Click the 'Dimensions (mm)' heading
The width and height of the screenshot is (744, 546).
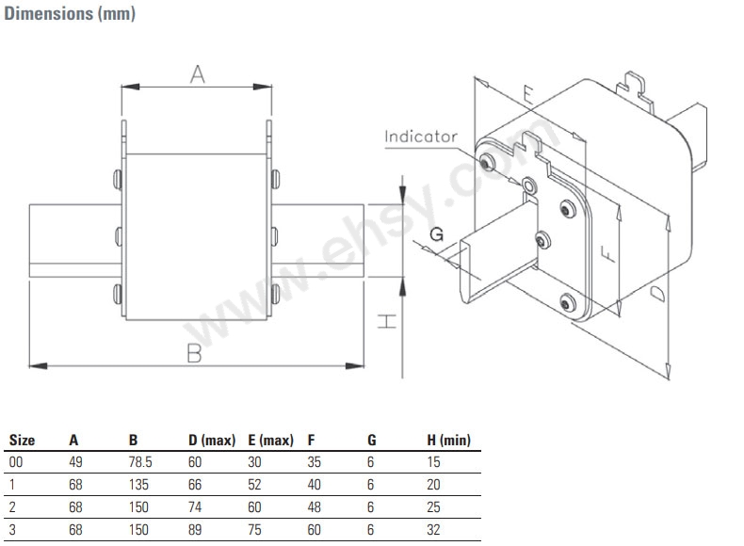tap(70, 13)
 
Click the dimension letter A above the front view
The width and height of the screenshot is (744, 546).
tap(198, 74)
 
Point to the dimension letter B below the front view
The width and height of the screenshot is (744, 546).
tap(195, 353)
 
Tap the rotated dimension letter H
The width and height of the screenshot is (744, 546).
tap(387, 321)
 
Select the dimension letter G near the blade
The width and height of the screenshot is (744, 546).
tap(437, 233)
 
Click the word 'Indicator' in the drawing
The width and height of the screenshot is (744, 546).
tap(421, 136)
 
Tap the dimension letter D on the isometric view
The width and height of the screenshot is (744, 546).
tap(657, 294)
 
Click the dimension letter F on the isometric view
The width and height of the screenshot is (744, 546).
tap(607, 254)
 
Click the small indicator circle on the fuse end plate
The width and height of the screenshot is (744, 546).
tap(529, 185)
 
